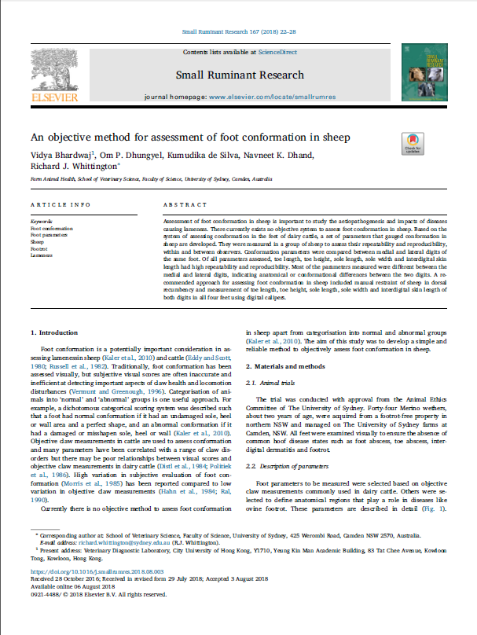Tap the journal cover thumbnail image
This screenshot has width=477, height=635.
(424, 72)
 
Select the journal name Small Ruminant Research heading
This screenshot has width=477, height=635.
(240, 75)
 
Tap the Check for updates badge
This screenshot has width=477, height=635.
(412, 142)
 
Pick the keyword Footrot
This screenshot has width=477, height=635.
(39, 248)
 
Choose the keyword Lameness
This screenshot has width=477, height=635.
(41, 255)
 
